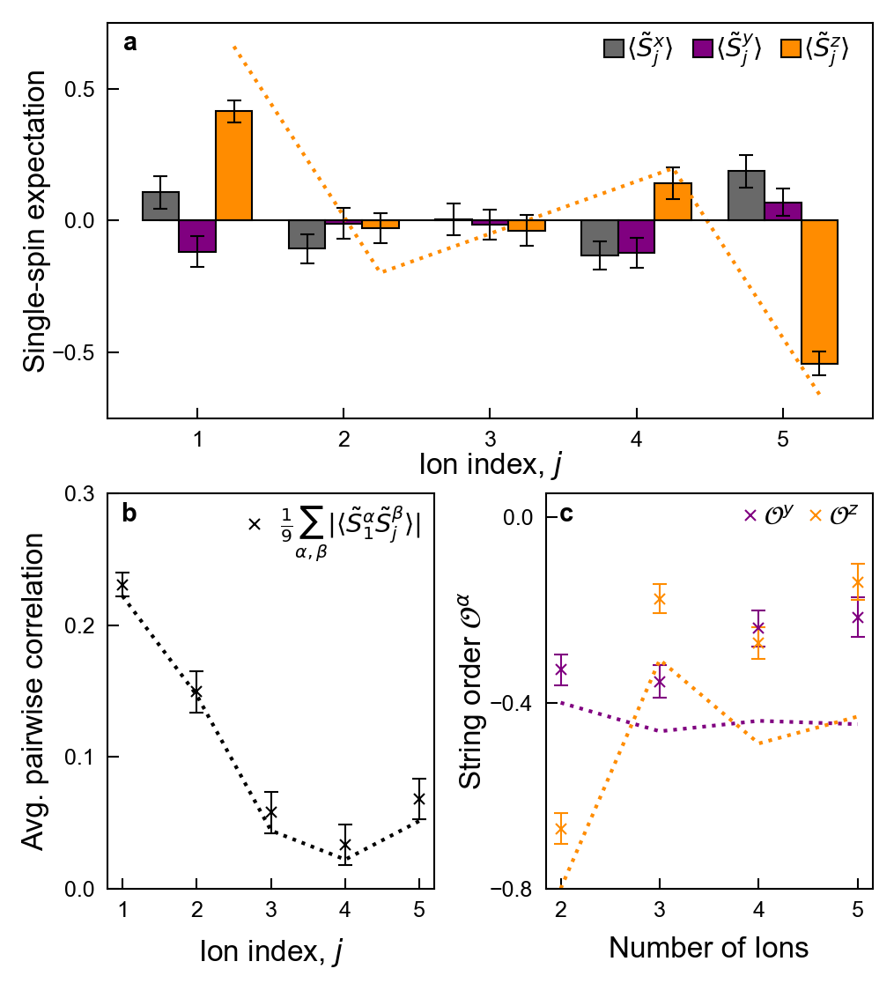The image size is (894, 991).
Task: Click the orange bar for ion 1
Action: [233, 166]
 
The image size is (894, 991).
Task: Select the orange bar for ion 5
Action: [819, 292]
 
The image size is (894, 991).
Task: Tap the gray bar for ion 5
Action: [745, 195]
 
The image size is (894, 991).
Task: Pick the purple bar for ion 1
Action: [196, 236]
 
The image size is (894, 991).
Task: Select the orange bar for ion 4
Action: [672, 202]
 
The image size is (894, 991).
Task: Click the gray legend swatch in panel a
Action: [613, 49]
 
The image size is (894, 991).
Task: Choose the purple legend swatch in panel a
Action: [703, 49]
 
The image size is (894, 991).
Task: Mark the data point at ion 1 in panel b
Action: [122, 585]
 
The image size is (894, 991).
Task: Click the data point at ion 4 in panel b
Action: [345, 845]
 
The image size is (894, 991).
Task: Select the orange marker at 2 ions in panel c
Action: [561, 828]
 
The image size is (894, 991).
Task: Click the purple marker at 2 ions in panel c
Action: [561, 669]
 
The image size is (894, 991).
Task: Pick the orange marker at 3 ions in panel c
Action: [659, 599]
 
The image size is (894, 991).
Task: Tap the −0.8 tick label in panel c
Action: [516, 890]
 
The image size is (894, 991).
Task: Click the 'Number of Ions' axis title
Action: [708, 948]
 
